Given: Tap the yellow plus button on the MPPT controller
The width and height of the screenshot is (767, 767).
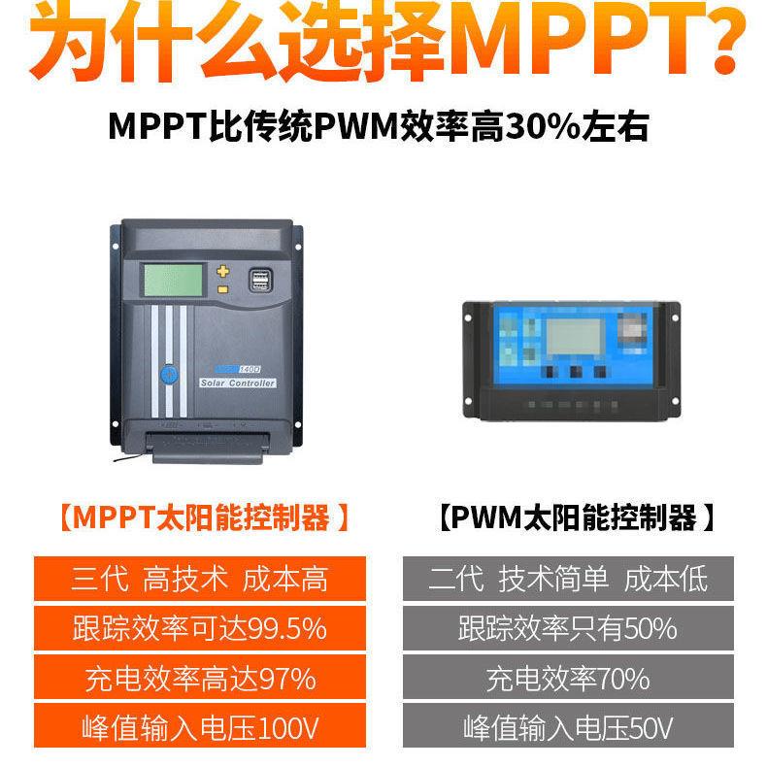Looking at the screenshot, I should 223,271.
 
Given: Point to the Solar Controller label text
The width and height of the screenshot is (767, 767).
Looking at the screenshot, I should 238,383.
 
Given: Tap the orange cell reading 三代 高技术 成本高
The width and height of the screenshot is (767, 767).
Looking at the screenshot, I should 199,580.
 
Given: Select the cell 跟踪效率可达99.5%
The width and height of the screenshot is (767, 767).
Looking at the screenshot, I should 199,628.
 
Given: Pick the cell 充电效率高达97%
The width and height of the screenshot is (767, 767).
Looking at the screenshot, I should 199,678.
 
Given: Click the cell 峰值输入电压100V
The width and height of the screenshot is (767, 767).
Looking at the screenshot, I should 199,727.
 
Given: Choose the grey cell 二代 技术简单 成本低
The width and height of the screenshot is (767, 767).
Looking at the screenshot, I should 568,580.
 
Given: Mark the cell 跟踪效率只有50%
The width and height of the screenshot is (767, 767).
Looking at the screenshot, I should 568,628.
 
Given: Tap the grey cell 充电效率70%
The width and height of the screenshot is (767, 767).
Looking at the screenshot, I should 568,678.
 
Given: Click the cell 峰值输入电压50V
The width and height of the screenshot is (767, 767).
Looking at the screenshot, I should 568,727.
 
